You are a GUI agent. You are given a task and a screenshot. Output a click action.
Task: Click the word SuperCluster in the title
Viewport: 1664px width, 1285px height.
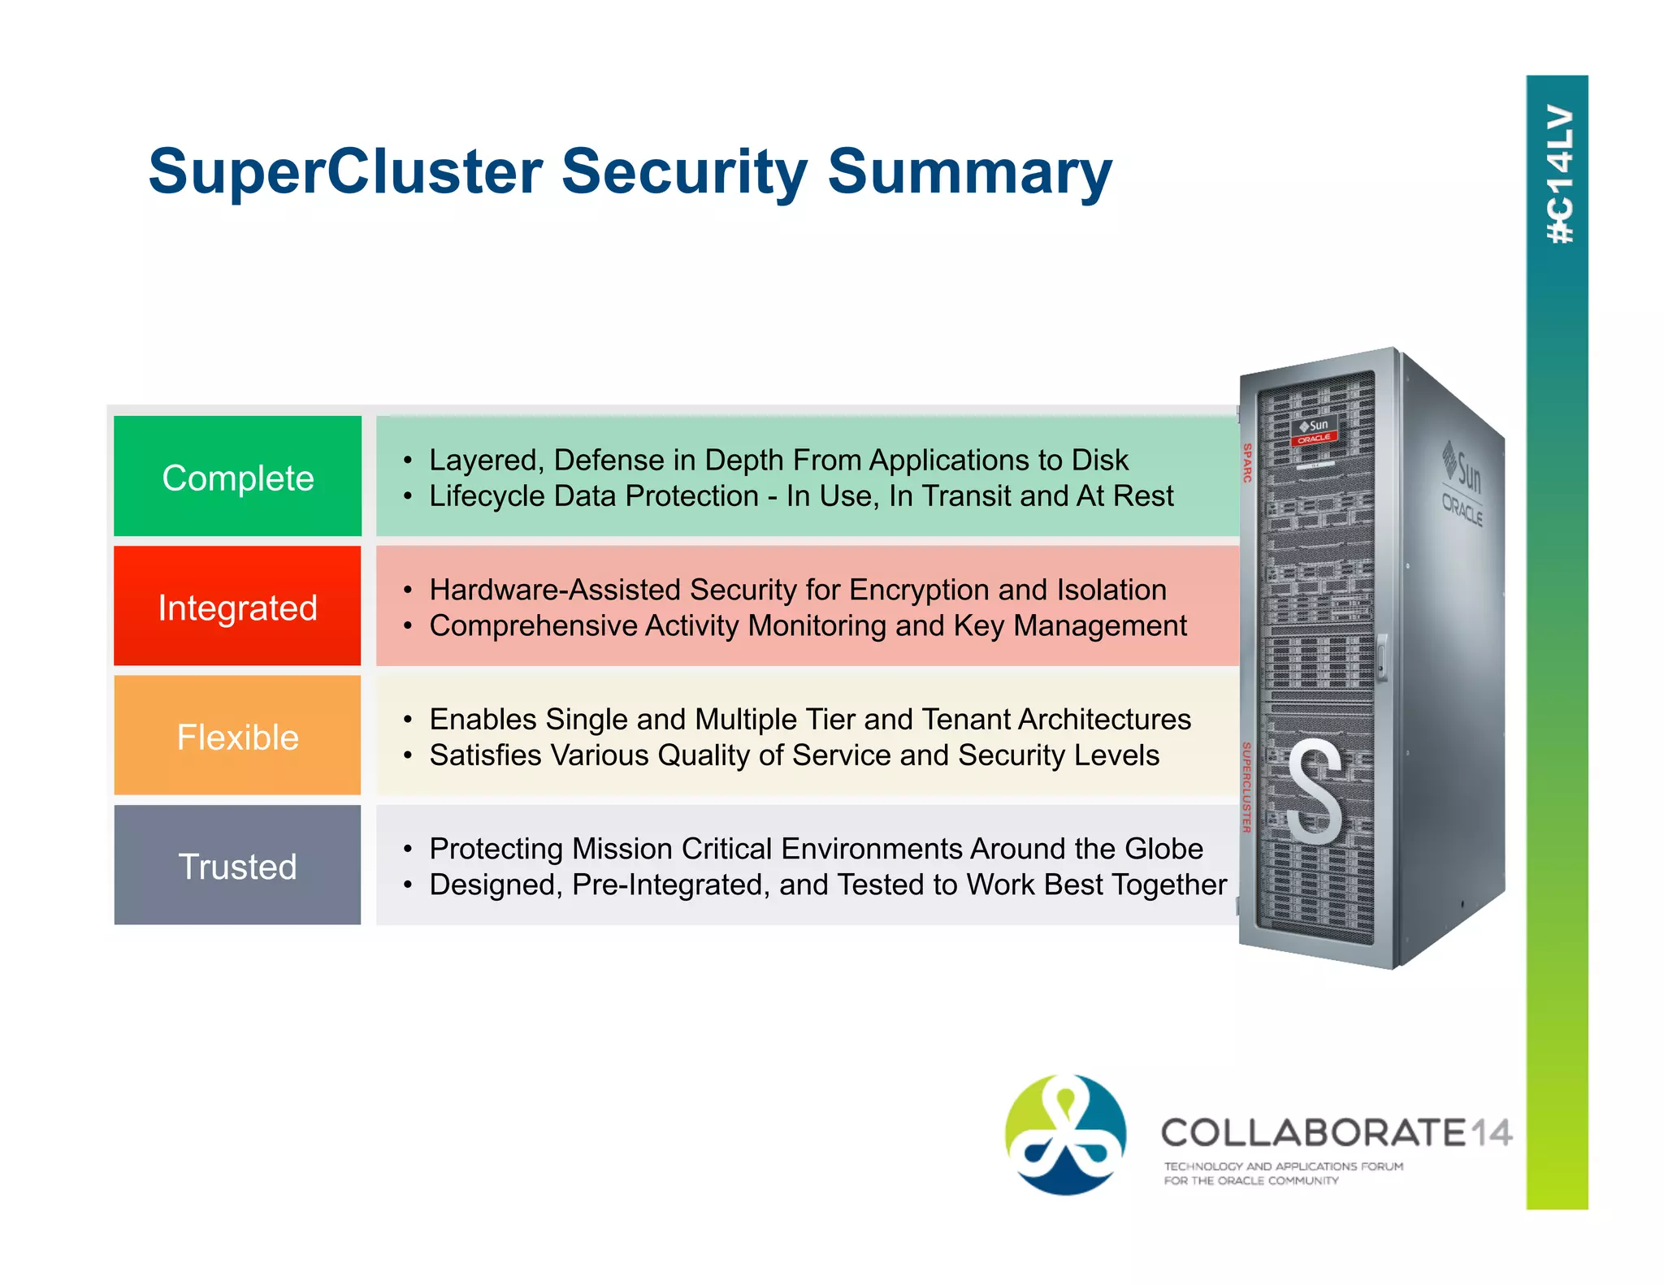pos(345,172)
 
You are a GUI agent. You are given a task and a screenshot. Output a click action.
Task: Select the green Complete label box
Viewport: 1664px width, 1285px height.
pos(237,477)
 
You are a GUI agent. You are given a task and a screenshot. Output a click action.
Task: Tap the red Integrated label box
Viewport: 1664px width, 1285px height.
pos(237,607)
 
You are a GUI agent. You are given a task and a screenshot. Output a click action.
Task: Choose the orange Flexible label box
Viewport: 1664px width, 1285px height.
pos(237,736)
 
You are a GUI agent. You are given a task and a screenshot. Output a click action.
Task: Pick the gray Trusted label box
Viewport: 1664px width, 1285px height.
pos(237,866)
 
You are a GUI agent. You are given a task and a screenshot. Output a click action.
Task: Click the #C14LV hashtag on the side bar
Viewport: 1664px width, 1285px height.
pos(1558,175)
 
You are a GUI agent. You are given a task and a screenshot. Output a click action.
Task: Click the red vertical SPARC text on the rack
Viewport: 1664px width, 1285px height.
pos(1247,462)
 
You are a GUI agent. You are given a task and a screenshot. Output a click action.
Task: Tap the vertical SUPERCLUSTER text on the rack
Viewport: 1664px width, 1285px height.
pos(1246,786)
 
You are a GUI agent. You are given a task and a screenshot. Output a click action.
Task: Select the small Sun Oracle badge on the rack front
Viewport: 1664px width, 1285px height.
pos(1314,431)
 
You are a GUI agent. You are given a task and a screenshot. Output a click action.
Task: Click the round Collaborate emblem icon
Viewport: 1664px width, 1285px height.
pos(1065,1135)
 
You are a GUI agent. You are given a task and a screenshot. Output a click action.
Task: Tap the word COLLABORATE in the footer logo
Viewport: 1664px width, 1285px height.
pos(1312,1132)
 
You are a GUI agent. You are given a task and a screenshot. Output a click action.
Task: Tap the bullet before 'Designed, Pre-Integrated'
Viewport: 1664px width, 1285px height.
pos(408,885)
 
